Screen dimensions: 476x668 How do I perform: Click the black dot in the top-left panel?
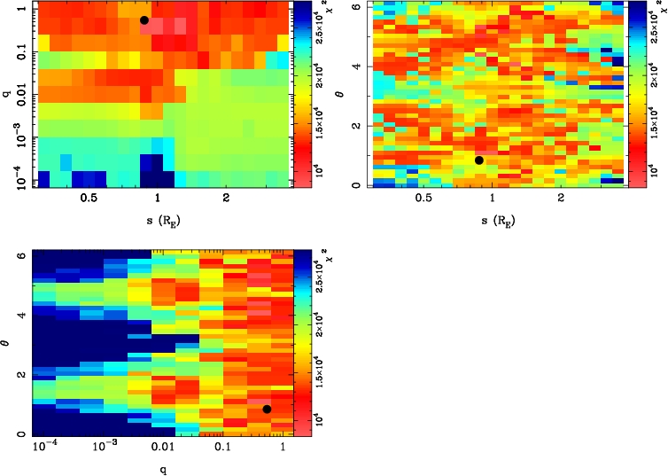coord(144,20)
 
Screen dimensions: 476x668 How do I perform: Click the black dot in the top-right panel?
coord(479,160)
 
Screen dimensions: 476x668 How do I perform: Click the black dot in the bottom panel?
coord(267,410)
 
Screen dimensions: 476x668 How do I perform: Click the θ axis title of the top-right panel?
coord(353,91)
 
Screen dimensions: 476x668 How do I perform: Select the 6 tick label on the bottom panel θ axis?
coord(19,254)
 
